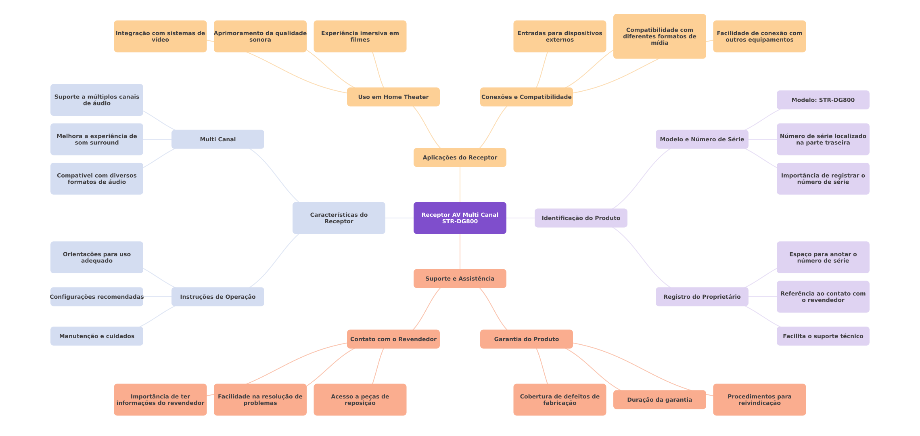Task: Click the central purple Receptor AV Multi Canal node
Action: click(x=460, y=218)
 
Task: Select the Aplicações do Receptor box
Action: click(x=460, y=157)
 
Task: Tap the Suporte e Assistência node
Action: click(x=460, y=279)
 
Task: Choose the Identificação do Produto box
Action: click(x=581, y=218)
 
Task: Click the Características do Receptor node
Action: click(x=339, y=218)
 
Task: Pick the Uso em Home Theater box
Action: click(x=393, y=97)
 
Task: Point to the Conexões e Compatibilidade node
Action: click(x=526, y=97)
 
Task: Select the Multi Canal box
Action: click(x=217, y=139)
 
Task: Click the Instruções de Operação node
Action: click(x=217, y=297)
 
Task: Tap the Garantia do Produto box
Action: click(x=526, y=339)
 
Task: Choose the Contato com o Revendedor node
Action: click(x=393, y=339)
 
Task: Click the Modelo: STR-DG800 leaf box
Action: click(x=823, y=100)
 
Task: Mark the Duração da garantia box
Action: click(x=659, y=400)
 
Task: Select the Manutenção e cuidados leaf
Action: click(x=96, y=336)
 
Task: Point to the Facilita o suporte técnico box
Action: click(x=823, y=336)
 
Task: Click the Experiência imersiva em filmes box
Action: click(x=360, y=36)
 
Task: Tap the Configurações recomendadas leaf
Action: click(x=96, y=297)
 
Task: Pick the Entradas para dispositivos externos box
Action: click(x=560, y=36)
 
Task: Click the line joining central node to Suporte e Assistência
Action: click(x=460, y=252)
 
